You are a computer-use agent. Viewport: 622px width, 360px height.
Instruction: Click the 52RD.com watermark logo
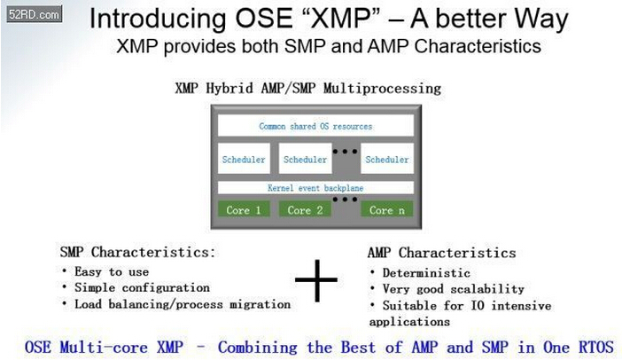click(x=35, y=14)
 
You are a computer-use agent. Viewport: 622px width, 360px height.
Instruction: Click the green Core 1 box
click(x=244, y=209)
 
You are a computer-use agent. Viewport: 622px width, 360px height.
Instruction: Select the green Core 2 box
click(x=305, y=209)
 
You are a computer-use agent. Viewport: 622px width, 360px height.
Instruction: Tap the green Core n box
click(x=387, y=209)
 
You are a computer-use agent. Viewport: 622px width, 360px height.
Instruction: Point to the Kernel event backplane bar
click(x=315, y=188)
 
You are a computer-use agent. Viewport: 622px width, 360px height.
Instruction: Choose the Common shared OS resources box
click(x=315, y=126)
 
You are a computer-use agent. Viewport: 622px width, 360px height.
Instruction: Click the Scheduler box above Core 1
click(x=244, y=159)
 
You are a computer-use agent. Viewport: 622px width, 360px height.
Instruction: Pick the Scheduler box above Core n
click(x=387, y=159)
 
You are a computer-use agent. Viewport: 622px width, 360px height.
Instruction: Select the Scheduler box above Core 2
click(x=305, y=159)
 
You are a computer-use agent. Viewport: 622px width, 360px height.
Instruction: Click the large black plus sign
click(x=316, y=280)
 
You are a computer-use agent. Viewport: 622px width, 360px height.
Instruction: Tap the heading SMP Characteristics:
click(x=137, y=252)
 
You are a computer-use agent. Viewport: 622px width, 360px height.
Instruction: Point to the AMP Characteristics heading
click(x=441, y=253)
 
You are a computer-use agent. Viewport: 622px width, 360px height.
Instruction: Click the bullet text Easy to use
click(x=112, y=272)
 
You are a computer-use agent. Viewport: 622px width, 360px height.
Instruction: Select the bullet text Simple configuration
click(x=142, y=288)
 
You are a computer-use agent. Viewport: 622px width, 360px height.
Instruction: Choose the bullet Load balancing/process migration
click(x=183, y=304)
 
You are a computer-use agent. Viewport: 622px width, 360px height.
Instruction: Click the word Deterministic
click(x=426, y=273)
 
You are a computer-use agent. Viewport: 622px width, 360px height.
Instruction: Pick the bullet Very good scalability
click(x=454, y=289)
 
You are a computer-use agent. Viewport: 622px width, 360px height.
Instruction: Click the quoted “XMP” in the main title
click(x=344, y=19)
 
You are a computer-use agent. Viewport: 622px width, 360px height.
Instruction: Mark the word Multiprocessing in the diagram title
click(x=382, y=89)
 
